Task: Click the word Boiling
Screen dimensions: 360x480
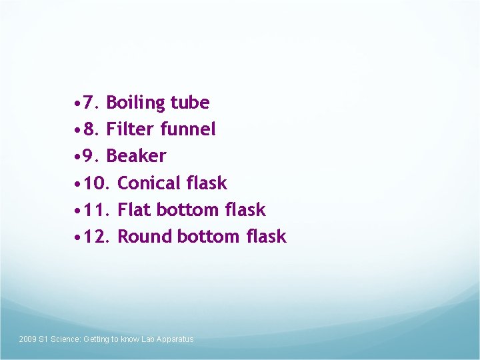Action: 135,103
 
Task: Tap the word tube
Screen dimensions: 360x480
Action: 190,103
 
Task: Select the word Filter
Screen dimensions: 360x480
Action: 131,129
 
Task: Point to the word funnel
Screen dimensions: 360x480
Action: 188,129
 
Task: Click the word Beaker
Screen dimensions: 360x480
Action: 136,156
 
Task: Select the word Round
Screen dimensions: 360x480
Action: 145,236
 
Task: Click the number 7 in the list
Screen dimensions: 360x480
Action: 92,103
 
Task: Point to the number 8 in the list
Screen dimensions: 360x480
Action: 92,129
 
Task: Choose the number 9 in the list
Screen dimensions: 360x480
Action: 92,156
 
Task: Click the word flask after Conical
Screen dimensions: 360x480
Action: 207,183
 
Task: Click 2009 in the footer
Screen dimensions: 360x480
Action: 27,339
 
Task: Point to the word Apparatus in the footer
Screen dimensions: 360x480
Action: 177,339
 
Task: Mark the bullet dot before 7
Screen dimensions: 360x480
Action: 79,104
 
